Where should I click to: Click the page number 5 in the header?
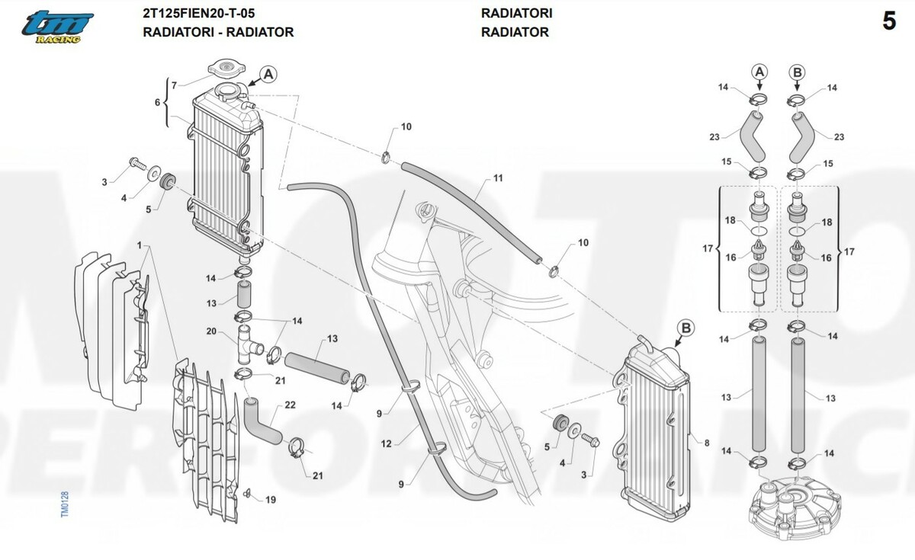(889, 22)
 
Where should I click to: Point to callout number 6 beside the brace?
(158, 102)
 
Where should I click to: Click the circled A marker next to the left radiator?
(268, 74)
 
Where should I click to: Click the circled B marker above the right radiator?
(685, 328)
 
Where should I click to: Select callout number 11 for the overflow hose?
(498, 178)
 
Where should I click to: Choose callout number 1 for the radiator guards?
(140, 245)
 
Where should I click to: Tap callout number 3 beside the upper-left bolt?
(105, 181)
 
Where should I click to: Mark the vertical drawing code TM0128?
(65, 504)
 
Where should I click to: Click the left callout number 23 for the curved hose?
(714, 137)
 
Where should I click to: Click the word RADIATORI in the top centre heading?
(517, 13)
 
